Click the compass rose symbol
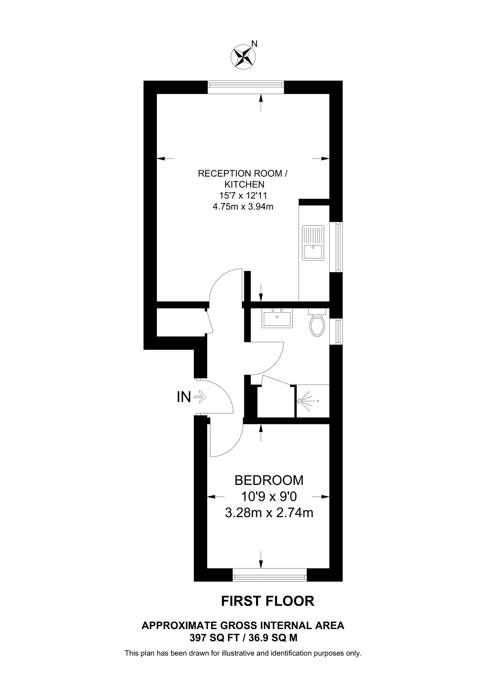click(243, 57)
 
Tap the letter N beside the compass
click(254, 44)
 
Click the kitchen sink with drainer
click(313, 243)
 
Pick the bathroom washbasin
click(277, 319)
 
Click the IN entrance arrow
click(200, 397)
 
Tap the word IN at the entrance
click(184, 397)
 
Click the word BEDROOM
click(269, 480)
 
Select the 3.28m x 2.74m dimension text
click(269, 513)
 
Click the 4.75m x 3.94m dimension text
click(243, 207)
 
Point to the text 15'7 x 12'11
click(243, 195)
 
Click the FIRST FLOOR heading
click(268, 601)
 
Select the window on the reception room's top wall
click(246, 87)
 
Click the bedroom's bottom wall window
click(270, 575)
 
